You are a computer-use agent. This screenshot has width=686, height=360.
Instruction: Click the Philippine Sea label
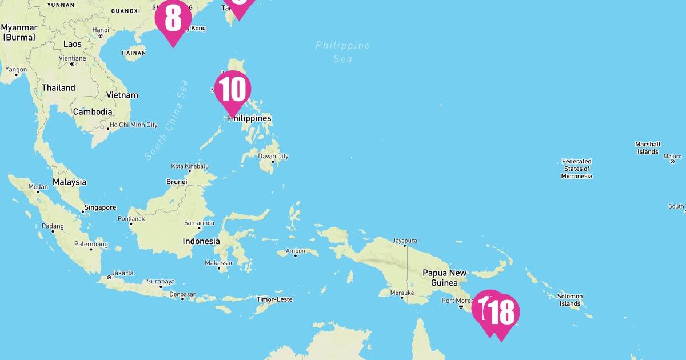[343, 51]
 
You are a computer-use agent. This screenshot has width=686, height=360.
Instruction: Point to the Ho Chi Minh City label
[133, 125]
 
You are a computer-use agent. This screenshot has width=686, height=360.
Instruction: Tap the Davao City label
[273, 156]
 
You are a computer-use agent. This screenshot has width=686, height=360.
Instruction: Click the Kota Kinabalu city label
[190, 166]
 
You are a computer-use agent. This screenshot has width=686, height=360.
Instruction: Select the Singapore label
[100, 207]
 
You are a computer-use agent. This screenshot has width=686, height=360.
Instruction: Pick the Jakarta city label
[123, 273]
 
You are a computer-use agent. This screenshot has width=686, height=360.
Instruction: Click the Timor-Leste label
[274, 299]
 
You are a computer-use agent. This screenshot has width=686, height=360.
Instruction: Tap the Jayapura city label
[405, 241]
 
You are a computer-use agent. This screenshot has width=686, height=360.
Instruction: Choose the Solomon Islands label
[570, 300]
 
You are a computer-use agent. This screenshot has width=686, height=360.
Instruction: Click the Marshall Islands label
[648, 148]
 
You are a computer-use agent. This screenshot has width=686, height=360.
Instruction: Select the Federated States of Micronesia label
[576, 169]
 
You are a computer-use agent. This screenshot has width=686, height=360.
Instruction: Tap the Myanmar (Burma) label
[19, 32]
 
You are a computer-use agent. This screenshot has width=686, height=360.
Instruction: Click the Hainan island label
[134, 53]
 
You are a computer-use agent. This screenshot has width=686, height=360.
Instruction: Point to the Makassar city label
[219, 263]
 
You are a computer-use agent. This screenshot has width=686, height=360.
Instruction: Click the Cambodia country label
[92, 112]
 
